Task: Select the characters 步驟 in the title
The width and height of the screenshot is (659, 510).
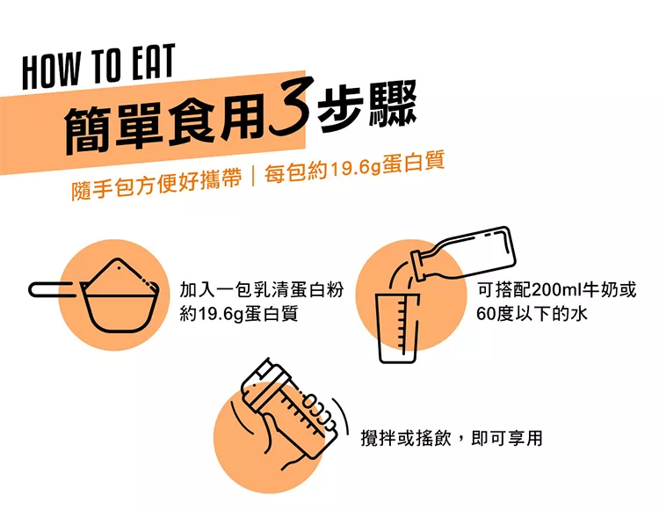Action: coord(366,106)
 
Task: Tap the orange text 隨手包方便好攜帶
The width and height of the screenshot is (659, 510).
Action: coord(157,184)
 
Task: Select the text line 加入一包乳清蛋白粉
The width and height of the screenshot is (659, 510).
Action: coord(262,289)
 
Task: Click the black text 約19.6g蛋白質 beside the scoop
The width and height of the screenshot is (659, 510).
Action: coord(239,314)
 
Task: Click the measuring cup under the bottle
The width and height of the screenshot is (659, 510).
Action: coord(397,328)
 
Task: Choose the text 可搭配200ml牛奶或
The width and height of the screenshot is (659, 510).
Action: coord(556,289)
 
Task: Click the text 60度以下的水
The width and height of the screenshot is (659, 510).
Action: coord(532,313)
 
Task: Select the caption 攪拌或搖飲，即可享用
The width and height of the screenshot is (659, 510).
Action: coord(452,438)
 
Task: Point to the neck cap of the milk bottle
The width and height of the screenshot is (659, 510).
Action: coord(419,266)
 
